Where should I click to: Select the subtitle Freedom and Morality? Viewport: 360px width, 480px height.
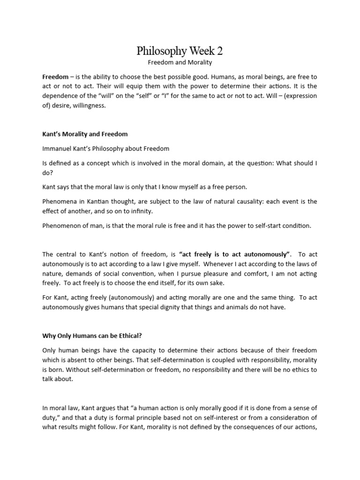coord(180,62)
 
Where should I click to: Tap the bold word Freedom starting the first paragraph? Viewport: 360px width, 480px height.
coord(55,76)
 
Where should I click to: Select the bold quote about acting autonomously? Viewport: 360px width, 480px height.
coord(234,254)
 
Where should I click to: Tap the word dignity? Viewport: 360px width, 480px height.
coord(188,307)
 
